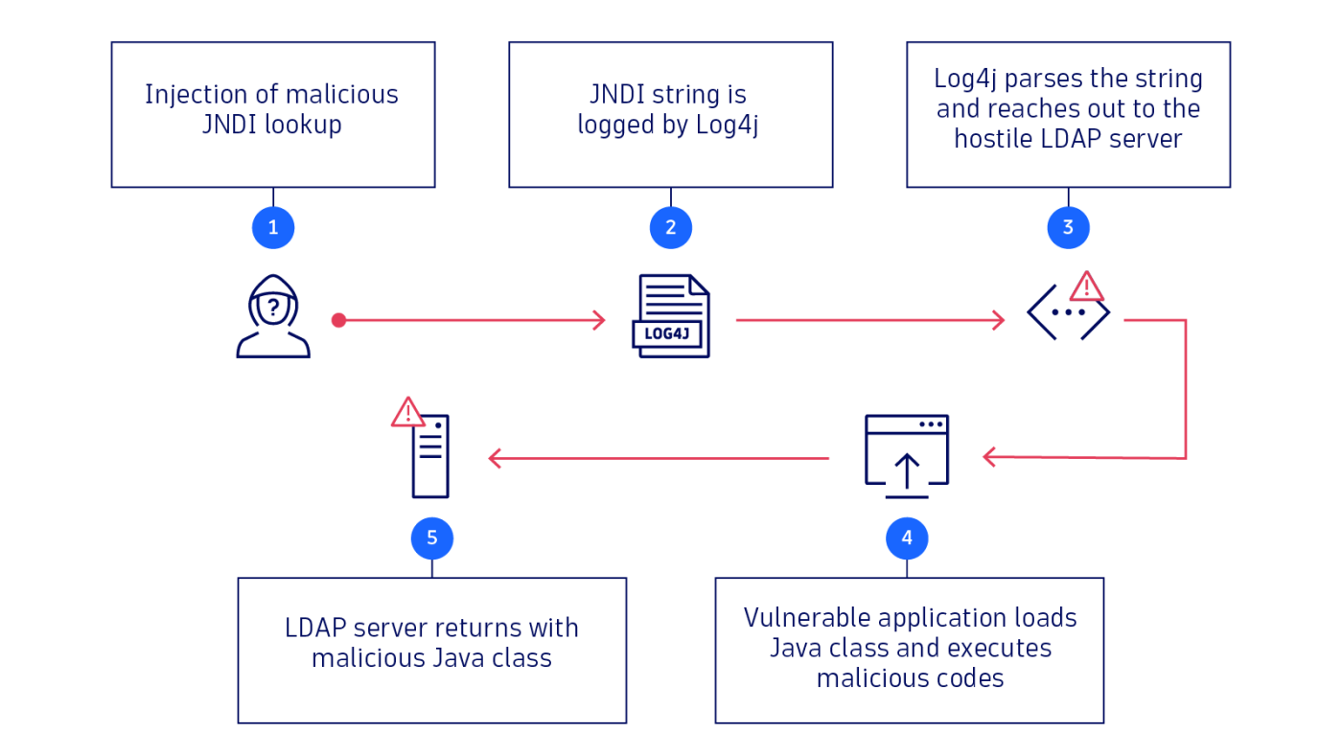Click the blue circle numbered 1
tap(273, 228)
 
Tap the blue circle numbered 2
tap(670, 228)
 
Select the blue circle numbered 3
tap(1068, 228)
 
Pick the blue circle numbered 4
tap(907, 539)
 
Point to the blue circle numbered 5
tap(431, 539)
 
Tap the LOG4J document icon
tap(671, 316)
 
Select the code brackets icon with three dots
tap(1068, 312)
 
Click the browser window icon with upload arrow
tap(907, 455)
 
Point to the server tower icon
tap(430, 457)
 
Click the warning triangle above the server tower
tap(407, 413)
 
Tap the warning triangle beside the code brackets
tap(1087, 286)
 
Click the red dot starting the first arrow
tap(338, 320)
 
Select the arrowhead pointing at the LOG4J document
tap(600, 320)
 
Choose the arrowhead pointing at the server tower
tap(495, 459)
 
